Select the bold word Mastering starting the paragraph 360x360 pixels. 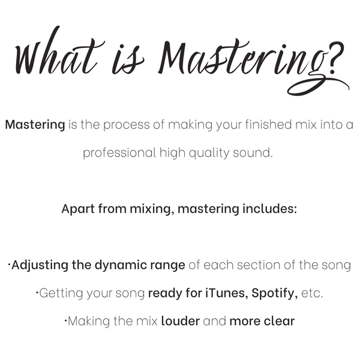(x=35, y=125)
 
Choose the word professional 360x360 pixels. (x=119, y=153)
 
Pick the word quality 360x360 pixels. (x=209, y=153)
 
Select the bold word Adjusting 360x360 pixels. (x=40, y=265)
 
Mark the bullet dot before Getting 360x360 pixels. (x=37, y=292)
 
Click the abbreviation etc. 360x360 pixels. (x=312, y=293)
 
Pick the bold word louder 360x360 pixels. (x=181, y=321)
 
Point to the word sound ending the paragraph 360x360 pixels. (x=253, y=153)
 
